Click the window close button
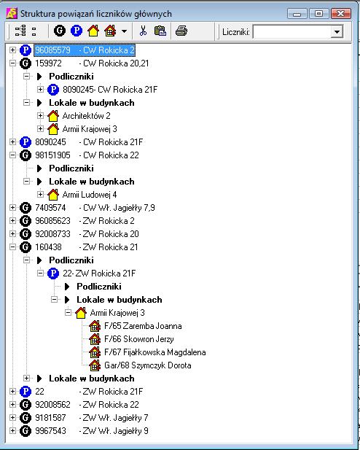tap(341, 13)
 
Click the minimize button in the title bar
tap(297, 13)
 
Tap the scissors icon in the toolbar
tap(143, 31)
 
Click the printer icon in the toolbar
tap(181, 31)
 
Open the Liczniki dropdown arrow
tap(337, 31)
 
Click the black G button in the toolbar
tap(60, 31)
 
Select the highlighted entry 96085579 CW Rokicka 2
tap(85, 50)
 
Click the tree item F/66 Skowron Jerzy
tap(139, 339)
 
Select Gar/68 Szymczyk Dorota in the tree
tap(148, 365)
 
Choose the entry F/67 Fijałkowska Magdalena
tap(155, 352)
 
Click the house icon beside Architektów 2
tap(53, 116)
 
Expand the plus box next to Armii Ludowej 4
tap(41, 194)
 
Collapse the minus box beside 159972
tap(12, 63)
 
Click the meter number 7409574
tap(50, 208)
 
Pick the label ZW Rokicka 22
tap(111, 405)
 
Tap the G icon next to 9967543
tap(26, 431)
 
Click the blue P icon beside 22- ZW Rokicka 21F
tap(53, 274)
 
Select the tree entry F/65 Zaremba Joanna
tap(143, 326)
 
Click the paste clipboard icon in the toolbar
tap(160, 31)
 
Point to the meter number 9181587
tap(50, 418)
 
